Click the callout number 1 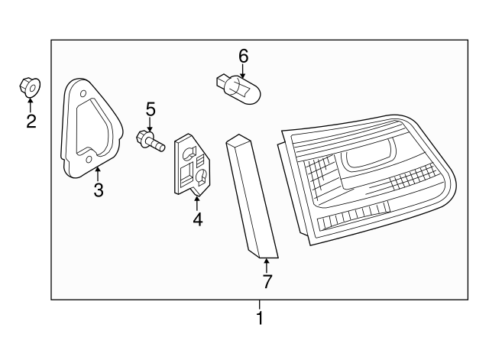click(260, 317)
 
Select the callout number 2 click(31, 122)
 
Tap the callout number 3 click(99, 190)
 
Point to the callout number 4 click(197, 219)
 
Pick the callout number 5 click(151, 109)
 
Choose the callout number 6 click(243, 57)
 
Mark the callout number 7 click(267, 282)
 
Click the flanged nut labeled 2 click(30, 87)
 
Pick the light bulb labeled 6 click(238, 88)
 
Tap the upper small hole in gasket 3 click(83, 93)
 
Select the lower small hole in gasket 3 click(89, 160)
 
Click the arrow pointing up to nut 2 click(31, 105)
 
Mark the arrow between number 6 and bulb click(243, 71)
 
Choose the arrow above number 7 click(267, 266)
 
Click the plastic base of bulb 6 click(222, 82)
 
